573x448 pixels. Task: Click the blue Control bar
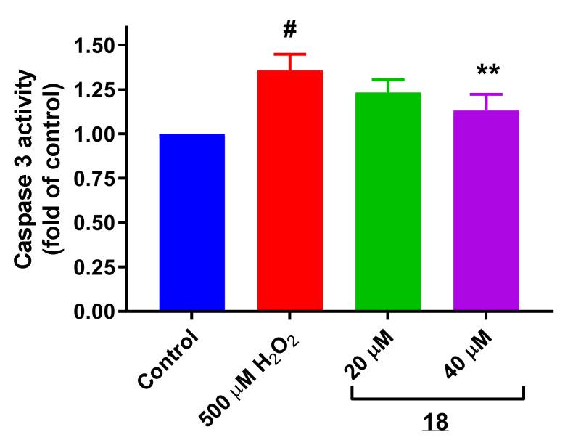tap(191, 222)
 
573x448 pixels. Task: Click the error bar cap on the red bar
tap(290, 55)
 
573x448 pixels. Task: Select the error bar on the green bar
tap(388, 84)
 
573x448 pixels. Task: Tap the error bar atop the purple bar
tap(486, 100)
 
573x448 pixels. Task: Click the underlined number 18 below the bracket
tap(435, 422)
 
